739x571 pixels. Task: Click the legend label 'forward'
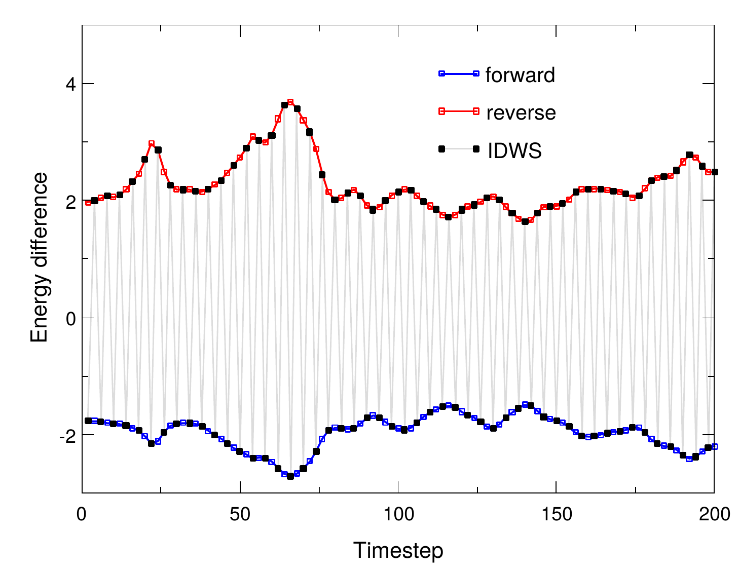[x=520, y=75]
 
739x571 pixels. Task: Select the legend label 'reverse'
[x=521, y=112]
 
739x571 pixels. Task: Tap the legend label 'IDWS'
[x=514, y=150]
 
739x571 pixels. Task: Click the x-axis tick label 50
[x=240, y=514]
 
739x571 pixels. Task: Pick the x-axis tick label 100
[x=398, y=514]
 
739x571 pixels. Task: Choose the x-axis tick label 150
[x=556, y=514]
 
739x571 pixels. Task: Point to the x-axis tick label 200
[x=714, y=514]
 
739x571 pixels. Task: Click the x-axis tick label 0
[x=82, y=514]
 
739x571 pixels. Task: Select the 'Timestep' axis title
[x=398, y=551]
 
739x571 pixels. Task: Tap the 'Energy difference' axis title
[x=39, y=257]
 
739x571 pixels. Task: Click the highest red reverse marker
[x=290, y=102]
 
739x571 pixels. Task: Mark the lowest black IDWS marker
[x=290, y=476]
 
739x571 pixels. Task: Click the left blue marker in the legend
[x=441, y=74]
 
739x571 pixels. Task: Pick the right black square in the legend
[x=476, y=149]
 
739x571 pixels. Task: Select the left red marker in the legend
[x=441, y=111]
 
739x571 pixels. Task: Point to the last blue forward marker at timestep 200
[x=714, y=446]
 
